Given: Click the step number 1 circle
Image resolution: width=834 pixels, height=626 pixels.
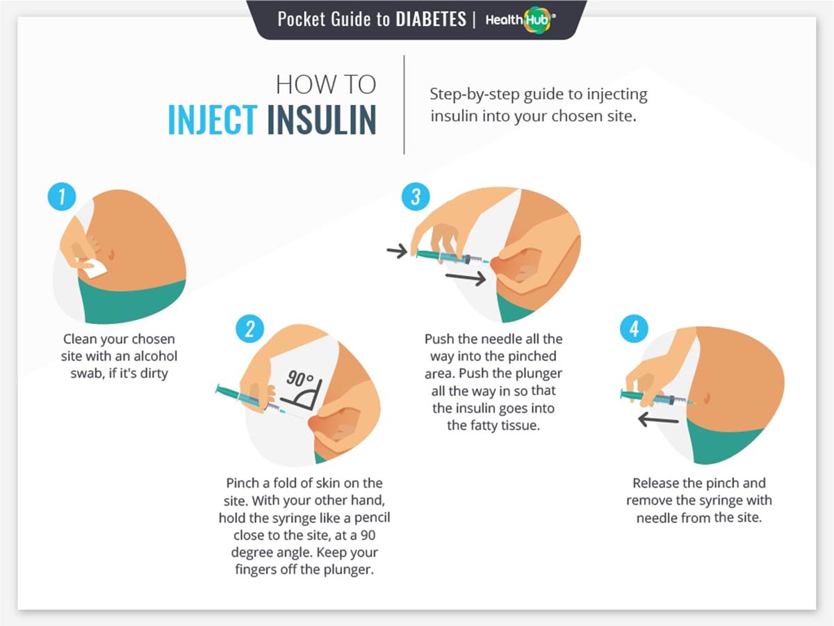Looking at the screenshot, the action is point(62,197).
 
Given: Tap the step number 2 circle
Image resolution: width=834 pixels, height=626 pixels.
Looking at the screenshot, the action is point(250,329).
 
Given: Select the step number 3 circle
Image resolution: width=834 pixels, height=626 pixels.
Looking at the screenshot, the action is point(416,197).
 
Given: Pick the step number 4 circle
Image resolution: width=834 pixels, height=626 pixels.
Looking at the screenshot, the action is point(634,329).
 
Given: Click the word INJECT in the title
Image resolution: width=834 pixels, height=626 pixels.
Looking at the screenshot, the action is point(213,120).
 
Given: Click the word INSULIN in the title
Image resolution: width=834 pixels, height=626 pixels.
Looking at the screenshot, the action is point(322,120).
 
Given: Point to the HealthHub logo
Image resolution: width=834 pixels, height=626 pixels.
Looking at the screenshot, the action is point(521,19).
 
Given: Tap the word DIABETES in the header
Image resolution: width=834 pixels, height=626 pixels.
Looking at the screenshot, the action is point(431,19).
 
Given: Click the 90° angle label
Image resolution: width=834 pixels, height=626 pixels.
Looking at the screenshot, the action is point(300,378).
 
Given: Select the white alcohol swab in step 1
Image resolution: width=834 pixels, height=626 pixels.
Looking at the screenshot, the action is point(93,268).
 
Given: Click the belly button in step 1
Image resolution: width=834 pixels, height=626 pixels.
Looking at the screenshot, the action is point(111,254).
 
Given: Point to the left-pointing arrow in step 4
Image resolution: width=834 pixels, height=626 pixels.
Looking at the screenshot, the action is point(658,420).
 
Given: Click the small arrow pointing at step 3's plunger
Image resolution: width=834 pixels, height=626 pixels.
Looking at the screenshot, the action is point(397,251).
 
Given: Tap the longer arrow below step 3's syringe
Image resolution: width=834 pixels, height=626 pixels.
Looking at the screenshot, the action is point(466,278).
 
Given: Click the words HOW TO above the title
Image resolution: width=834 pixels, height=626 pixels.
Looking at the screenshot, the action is point(326,84).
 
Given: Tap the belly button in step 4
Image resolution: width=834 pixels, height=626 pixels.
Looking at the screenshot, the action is point(707,398).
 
